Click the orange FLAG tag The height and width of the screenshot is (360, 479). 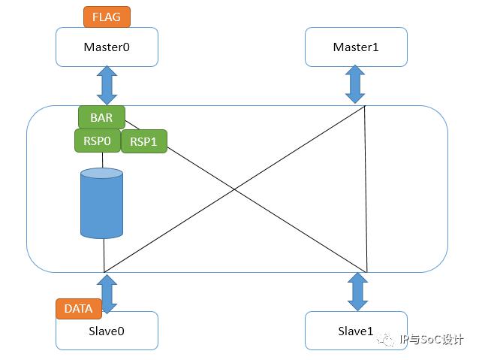(107, 17)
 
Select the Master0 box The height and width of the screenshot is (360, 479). (107, 47)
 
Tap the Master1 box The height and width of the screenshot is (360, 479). (356, 47)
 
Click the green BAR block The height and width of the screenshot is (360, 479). (101, 117)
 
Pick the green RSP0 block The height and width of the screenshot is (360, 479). (98, 141)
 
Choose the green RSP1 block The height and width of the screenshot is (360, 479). (144, 141)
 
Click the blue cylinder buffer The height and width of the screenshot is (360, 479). (101, 203)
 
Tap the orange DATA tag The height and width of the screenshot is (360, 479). (79, 309)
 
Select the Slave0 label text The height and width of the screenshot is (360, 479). (107, 331)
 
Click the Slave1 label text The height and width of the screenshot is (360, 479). (356, 331)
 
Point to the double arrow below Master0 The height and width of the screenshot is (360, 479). (107, 86)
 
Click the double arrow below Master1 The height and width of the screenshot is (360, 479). (355, 84)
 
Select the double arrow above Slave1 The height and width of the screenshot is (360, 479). (357, 292)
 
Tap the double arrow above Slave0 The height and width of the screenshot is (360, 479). (107, 294)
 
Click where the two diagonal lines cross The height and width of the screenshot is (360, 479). (234, 189)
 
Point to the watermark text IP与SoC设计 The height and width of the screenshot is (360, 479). (432, 340)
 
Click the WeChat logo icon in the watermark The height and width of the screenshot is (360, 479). (386, 339)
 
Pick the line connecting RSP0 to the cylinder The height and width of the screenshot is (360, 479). (102, 160)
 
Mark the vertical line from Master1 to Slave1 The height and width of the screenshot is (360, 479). (366, 189)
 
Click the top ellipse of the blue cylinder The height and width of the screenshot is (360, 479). (101, 173)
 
